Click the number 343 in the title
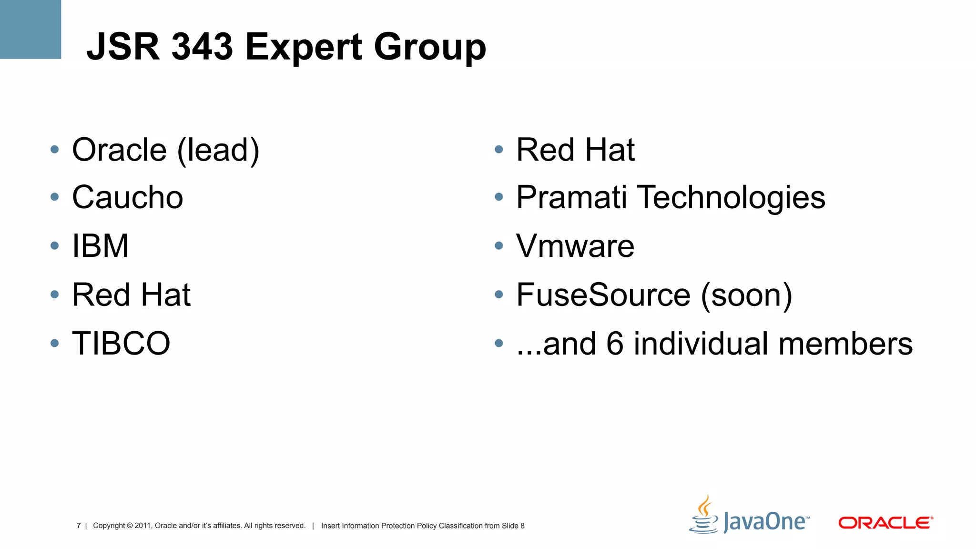(x=202, y=47)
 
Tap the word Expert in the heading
(x=304, y=47)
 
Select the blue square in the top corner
(x=30, y=29)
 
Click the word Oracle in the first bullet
(x=119, y=150)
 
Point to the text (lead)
(x=218, y=151)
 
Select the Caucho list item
(x=127, y=197)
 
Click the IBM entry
(x=100, y=246)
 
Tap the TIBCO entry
(x=121, y=343)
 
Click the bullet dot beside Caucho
(x=55, y=197)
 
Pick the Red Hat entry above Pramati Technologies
(x=575, y=150)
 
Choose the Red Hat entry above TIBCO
(x=131, y=295)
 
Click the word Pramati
(x=571, y=197)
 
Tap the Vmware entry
(x=575, y=246)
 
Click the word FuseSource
(x=603, y=295)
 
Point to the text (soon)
(x=747, y=295)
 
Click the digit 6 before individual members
(x=615, y=343)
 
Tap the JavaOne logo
(x=749, y=517)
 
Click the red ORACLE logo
(x=885, y=523)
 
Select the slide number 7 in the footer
(x=79, y=526)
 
